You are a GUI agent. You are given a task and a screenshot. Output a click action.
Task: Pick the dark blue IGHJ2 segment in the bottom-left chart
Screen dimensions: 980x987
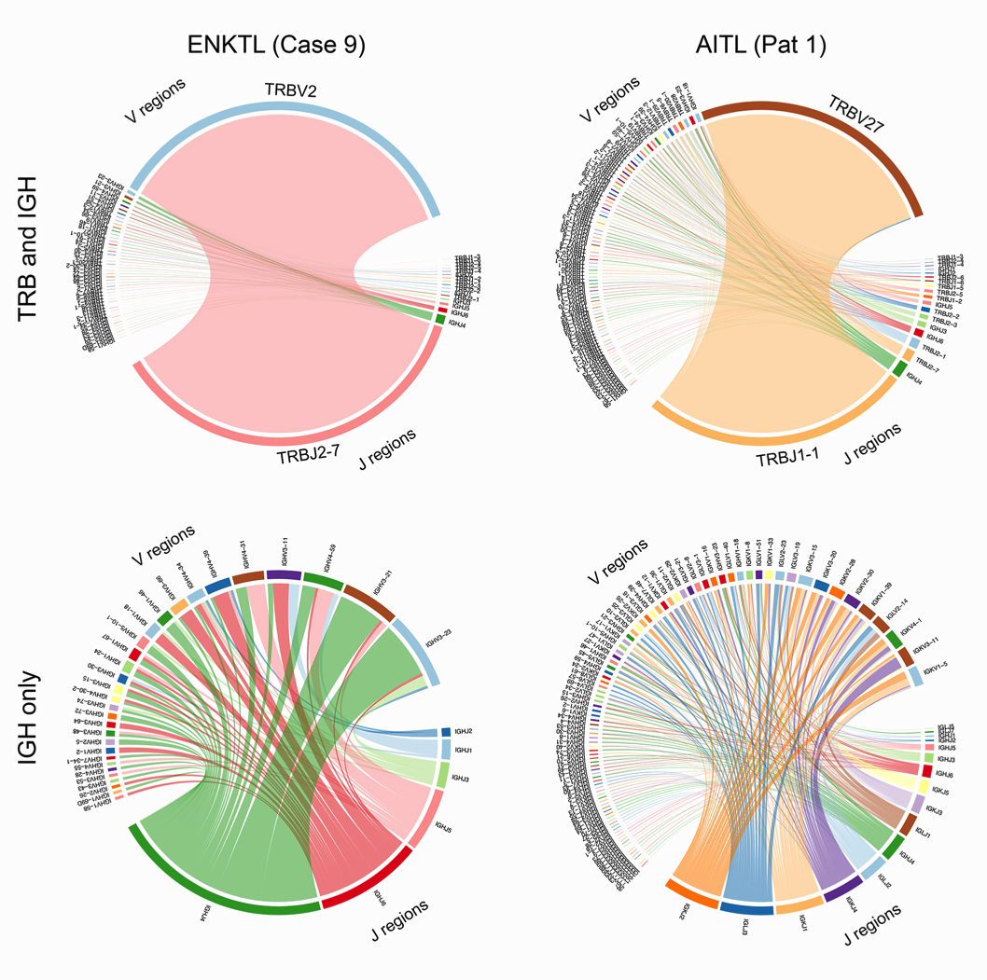pos(446,732)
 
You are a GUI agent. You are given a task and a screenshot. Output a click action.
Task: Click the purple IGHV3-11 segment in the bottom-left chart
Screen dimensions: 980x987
pos(284,575)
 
